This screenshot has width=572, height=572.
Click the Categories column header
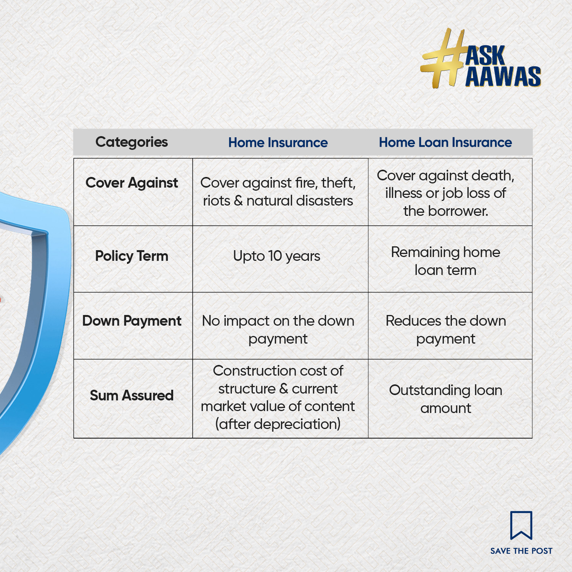click(132, 142)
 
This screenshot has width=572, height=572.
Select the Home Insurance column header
click(278, 143)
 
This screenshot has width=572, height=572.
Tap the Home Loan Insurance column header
click(445, 142)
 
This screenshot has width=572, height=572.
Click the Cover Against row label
click(132, 183)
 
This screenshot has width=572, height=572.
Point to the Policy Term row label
click(132, 256)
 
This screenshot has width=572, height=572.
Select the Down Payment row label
click(132, 321)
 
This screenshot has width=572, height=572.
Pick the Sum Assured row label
click(132, 395)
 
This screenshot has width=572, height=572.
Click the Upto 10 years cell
click(276, 256)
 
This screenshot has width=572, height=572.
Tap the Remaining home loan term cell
click(445, 261)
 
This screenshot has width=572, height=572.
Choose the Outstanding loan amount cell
click(445, 399)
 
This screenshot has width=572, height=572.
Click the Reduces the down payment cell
click(445, 330)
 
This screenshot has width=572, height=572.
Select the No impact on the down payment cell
click(278, 330)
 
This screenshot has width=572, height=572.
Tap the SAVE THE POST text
click(521, 551)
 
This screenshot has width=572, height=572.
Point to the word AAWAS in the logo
click(503, 76)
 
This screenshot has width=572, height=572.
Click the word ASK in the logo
click(485, 56)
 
